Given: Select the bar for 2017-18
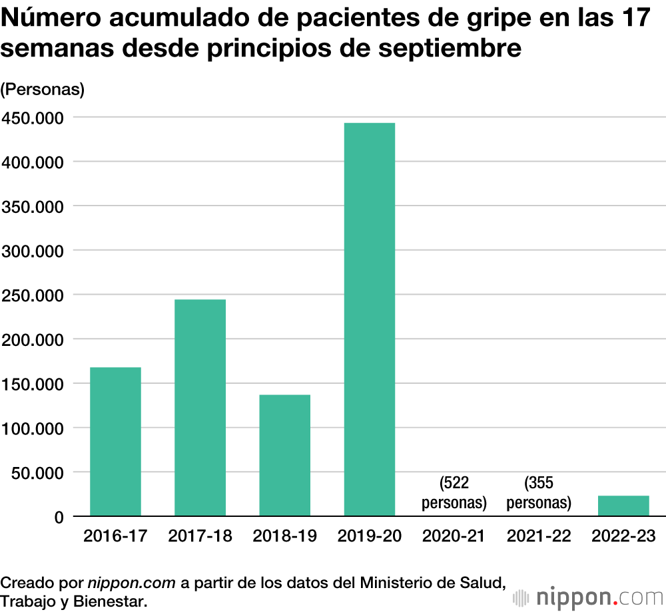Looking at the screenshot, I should tap(200, 407).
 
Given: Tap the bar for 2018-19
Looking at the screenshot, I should tap(284, 455).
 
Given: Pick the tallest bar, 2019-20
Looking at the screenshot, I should tap(369, 319).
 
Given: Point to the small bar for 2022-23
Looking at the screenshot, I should tap(623, 506).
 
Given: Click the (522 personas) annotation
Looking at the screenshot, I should tap(454, 493).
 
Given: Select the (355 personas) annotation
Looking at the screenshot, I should tap(538, 493).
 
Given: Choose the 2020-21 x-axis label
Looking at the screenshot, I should tap(454, 536).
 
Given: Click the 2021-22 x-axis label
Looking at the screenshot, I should tap(538, 536).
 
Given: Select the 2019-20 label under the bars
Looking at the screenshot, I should tap(369, 536).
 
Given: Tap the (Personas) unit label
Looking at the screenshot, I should tap(43, 90).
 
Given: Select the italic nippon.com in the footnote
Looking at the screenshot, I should tap(132, 583).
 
